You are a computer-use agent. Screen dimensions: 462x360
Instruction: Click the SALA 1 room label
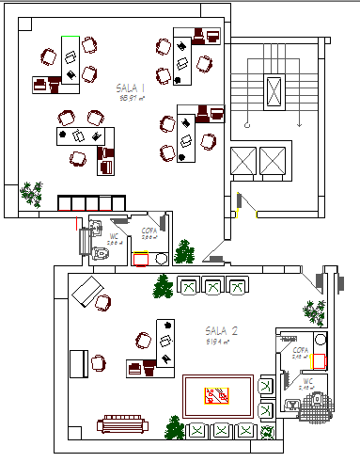pos(132,86)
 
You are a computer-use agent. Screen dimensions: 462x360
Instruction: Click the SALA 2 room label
pos(222,331)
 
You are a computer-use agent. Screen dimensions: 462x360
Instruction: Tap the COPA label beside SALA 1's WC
pos(149,230)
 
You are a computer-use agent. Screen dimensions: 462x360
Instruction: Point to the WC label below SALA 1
pos(114,236)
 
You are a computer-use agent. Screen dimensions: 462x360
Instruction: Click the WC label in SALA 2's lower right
pos(307,381)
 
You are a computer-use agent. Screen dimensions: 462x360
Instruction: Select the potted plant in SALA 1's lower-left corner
pos(34,194)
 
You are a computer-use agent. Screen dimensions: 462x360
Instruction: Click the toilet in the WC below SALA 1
pos(101,253)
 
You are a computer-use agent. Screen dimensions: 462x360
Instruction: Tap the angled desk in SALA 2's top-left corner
pos(87,291)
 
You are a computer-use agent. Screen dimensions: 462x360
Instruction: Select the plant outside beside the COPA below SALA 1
pos(184,252)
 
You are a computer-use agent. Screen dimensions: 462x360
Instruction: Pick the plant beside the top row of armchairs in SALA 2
pos(164,286)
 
